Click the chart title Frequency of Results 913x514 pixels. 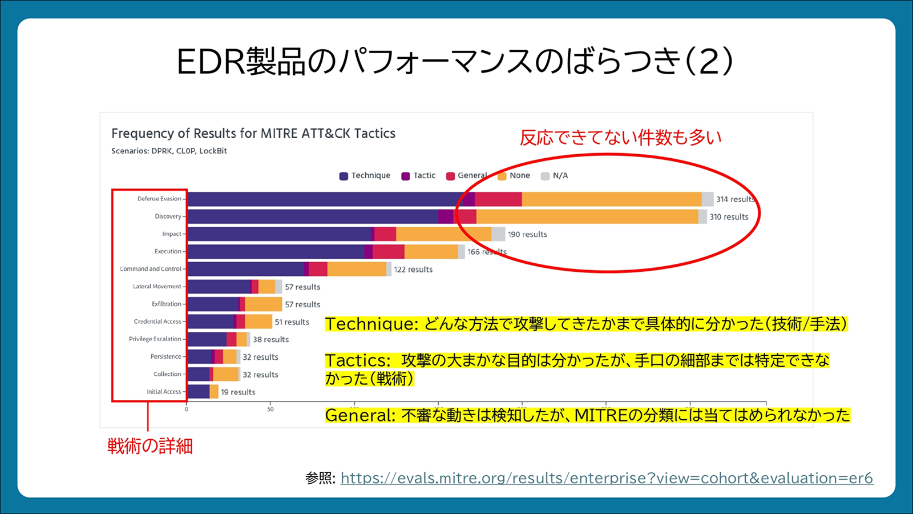(253, 134)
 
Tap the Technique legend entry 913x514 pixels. (365, 176)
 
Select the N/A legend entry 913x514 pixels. (555, 176)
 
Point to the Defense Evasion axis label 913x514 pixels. (159, 199)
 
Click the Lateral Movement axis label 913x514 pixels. (157, 287)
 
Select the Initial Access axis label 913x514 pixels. (164, 392)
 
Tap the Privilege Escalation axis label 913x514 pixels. (155, 339)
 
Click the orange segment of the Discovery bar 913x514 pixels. (587, 216)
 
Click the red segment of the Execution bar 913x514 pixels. (389, 252)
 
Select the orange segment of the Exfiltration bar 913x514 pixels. (263, 304)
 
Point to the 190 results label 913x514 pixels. (527, 235)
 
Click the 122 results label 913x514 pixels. (413, 270)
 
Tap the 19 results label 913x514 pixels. (238, 392)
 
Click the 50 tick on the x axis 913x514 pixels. (270, 409)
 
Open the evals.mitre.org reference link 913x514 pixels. (607, 478)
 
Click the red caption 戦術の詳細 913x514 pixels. (150, 446)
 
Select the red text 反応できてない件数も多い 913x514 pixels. (620, 138)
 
